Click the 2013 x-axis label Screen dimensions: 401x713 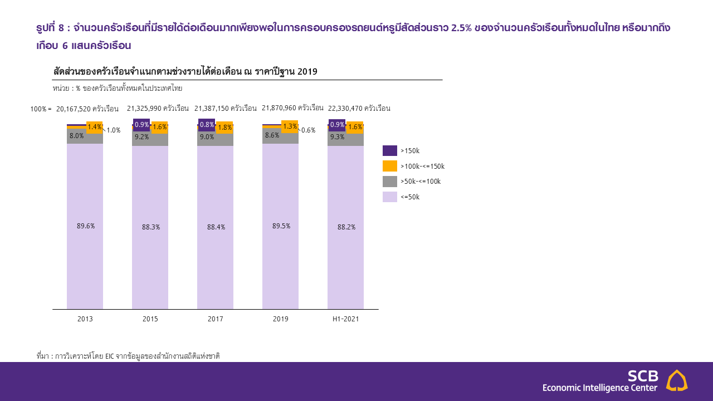coord(85,319)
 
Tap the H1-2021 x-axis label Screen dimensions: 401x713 coord(345,319)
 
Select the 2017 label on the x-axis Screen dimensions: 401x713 coord(215,319)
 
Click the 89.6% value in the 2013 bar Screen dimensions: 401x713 coord(86,226)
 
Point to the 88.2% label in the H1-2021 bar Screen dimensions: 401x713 coord(346,227)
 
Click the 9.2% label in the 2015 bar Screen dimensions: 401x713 coord(141,137)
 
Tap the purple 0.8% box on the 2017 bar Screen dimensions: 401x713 coord(207,125)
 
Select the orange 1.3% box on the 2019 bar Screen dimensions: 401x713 coord(290,126)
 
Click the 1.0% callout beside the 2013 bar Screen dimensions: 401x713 coord(114,130)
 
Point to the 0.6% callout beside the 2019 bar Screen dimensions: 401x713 coord(308,130)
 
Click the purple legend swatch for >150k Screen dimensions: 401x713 coord(390,150)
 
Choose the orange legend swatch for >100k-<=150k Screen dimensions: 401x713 coord(390,166)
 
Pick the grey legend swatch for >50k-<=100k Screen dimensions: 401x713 coord(390,182)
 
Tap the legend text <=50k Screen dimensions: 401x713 coord(410,197)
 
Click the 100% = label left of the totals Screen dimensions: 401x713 coord(41,109)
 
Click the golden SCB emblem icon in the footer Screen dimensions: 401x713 coord(677,380)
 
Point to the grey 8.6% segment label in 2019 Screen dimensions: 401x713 coord(272,135)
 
